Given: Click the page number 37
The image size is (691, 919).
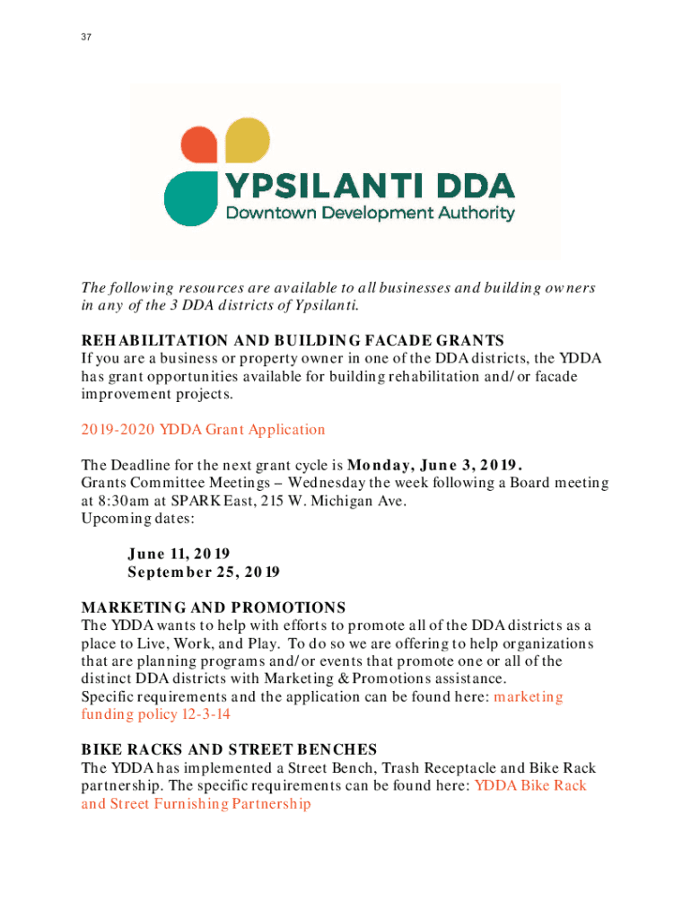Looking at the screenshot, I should pyautogui.click(x=86, y=37).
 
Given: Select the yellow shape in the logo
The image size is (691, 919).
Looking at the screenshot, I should pyautogui.click(x=247, y=141).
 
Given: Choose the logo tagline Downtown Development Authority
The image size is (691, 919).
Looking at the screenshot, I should pyautogui.click(x=370, y=214).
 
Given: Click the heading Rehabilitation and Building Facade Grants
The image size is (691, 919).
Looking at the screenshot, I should pyautogui.click(x=293, y=341).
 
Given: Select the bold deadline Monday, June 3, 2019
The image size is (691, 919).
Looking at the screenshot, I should pyautogui.click(x=434, y=466).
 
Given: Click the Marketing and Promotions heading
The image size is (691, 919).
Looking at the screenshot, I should pyautogui.click(x=214, y=608).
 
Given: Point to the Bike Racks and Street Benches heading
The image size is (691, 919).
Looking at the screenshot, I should pyautogui.click(x=229, y=749).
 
